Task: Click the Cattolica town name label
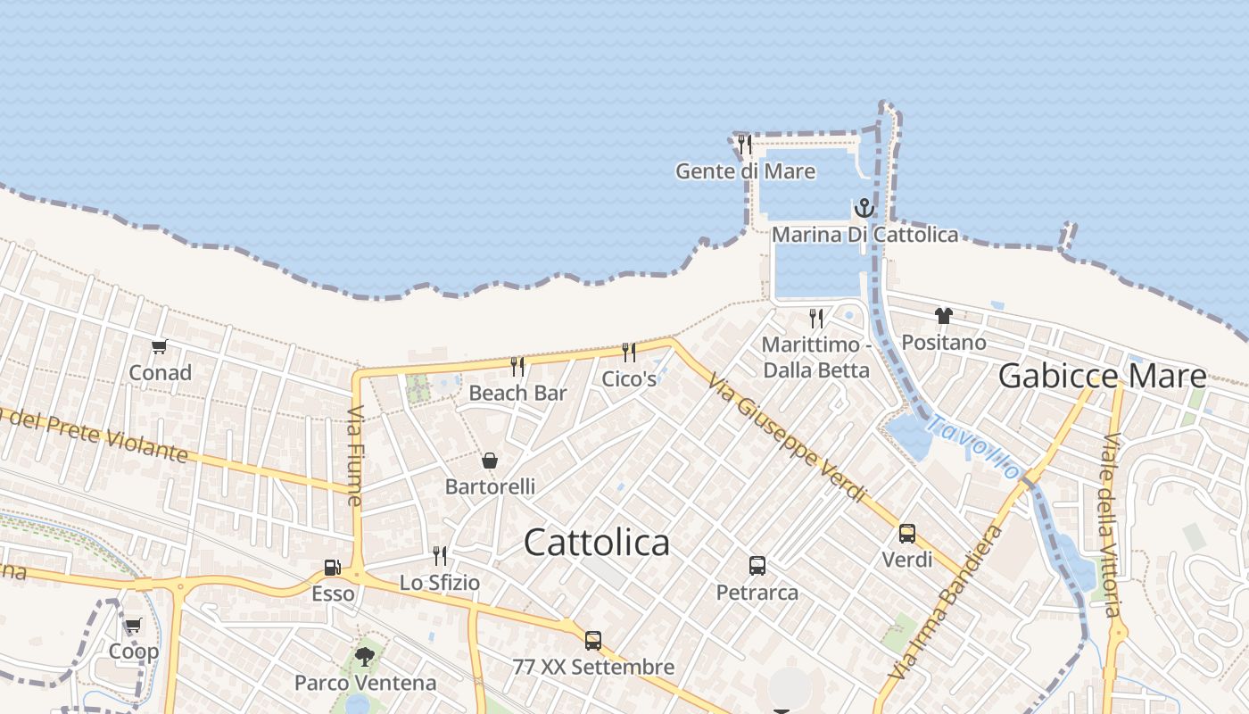pyautogui.click(x=596, y=543)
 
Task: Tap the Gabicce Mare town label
pyautogui.click(x=1102, y=376)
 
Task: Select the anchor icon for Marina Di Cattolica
pyautogui.click(x=864, y=209)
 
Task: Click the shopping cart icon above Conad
pyautogui.click(x=160, y=346)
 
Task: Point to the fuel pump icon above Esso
pyautogui.click(x=332, y=567)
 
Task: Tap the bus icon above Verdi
pyautogui.click(x=906, y=534)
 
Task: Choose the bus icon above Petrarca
pyautogui.click(x=757, y=565)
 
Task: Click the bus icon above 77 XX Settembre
pyautogui.click(x=592, y=640)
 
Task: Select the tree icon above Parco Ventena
pyautogui.click(x=364, y=657)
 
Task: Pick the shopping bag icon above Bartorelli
pyautogui.click(x=490, y=461)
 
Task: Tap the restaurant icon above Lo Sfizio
pyautogui.click(x=439, y=556)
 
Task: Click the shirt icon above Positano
pyautogui.click(x=944, y=315)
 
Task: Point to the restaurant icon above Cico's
pyautogui.click(x=629, y=352)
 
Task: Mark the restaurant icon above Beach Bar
pyautogui.click(x=517, y=366)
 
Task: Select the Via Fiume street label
pyautogui.click(x=354, y=455)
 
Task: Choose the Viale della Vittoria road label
pyautogui.click(x=1111, y=525)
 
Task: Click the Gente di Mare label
pyautogui.click(x=745, y=171)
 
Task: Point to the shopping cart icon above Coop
pyautogui.click(x=133, y=626)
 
